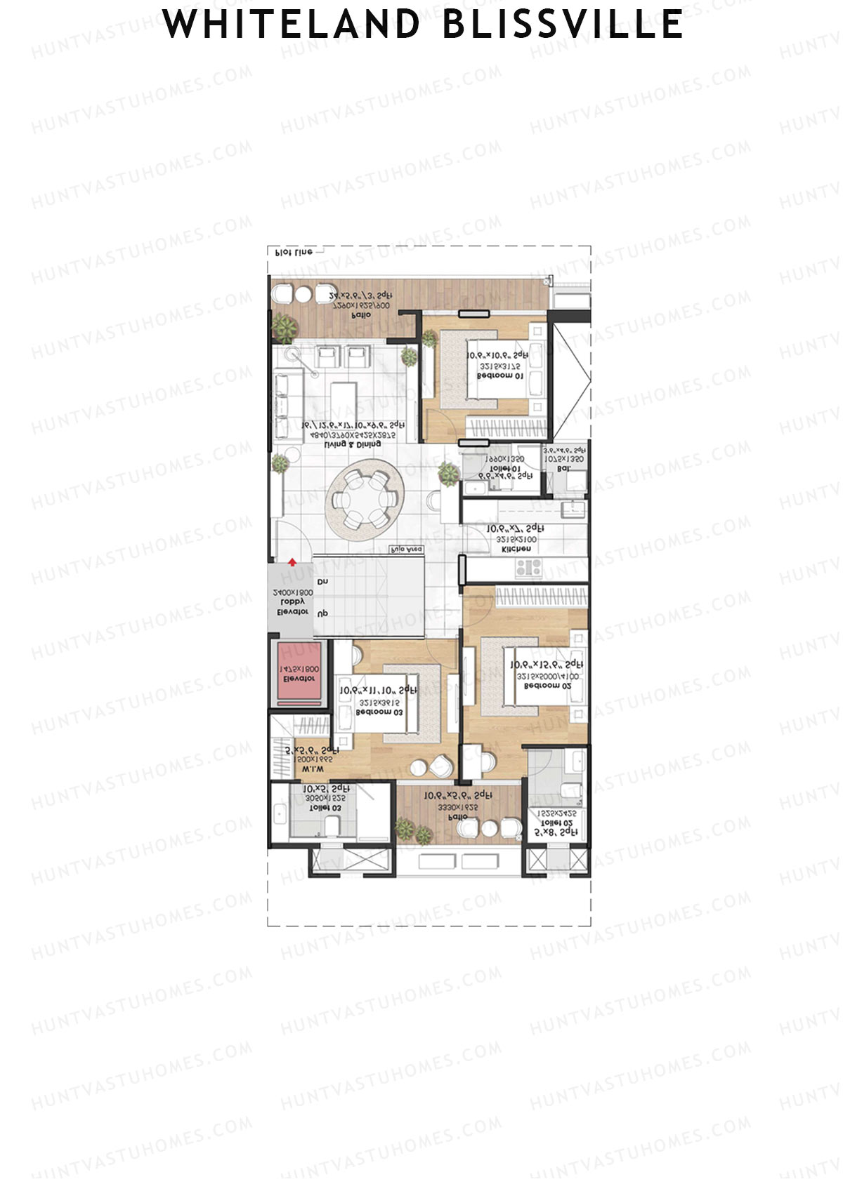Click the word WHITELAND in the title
click(x=291, y=25)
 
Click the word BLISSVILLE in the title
click(x=563, y=25)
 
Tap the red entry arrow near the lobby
click(x=292, y=561)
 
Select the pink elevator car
click(x=299, y=674)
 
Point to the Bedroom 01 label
click(x=499, y=376)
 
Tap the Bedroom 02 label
click(x=547, y=686)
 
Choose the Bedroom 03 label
click(x=379, y=712)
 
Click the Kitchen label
click(x=516, y=550)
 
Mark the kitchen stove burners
click(x=528, y=567)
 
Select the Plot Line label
click(x=294, y=251)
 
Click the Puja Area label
click(x=407, y=550)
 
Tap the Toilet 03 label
click(x=325, y=808)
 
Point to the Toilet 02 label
click(x=556, y=823)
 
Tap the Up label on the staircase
click(x=322, y=613)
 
